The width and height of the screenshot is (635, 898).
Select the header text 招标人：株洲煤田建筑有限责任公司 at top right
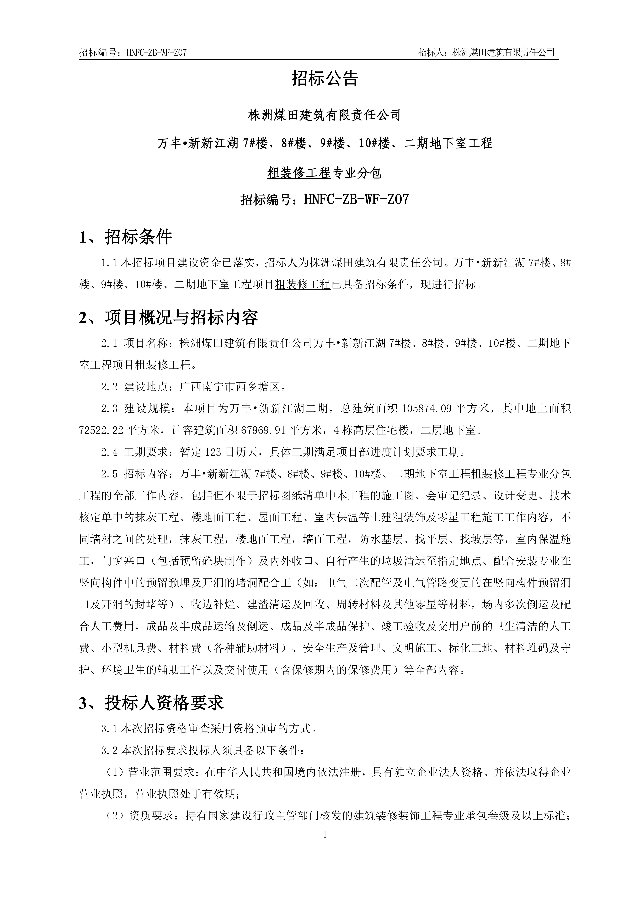[x=486, y=52]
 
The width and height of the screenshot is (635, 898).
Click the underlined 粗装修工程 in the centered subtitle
[x=299, y=173]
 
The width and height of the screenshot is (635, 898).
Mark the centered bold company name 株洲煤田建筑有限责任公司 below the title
[x=325, y=115]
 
